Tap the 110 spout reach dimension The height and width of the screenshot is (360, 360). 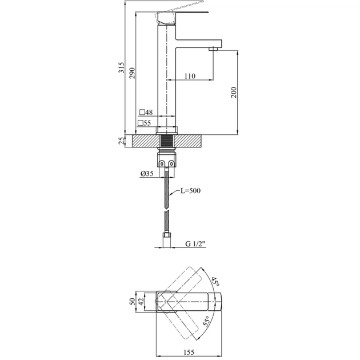coord(190,76)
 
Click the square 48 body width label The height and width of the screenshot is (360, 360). coord(145,113)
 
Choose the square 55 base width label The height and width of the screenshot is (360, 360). coord(145,123)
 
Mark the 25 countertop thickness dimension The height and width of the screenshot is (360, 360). coord(121,141)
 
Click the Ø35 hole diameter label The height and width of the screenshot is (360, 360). coord(145,174)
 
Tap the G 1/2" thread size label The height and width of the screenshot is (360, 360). coord(195,244)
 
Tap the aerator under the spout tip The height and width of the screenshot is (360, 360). coord(215,49)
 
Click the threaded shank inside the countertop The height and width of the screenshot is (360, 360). coord(166,141)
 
